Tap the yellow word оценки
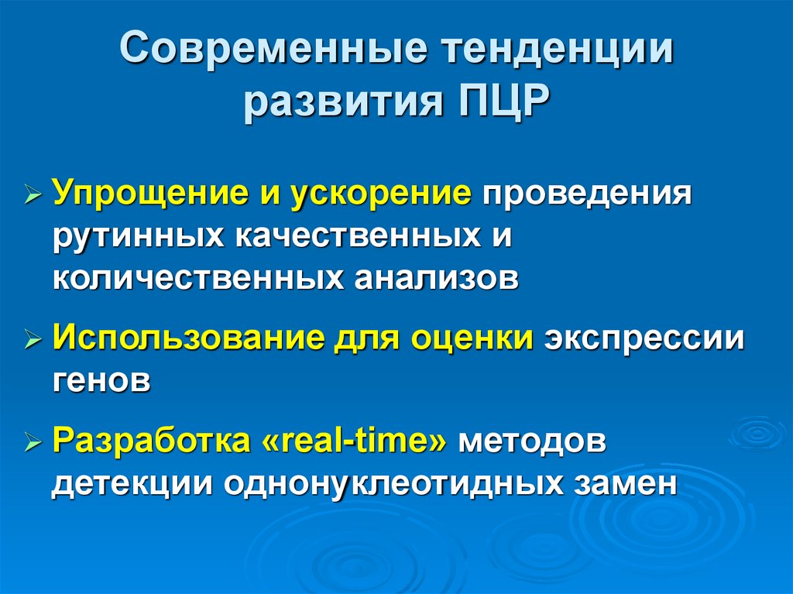pos(472,338)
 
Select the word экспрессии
pos(644,338)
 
